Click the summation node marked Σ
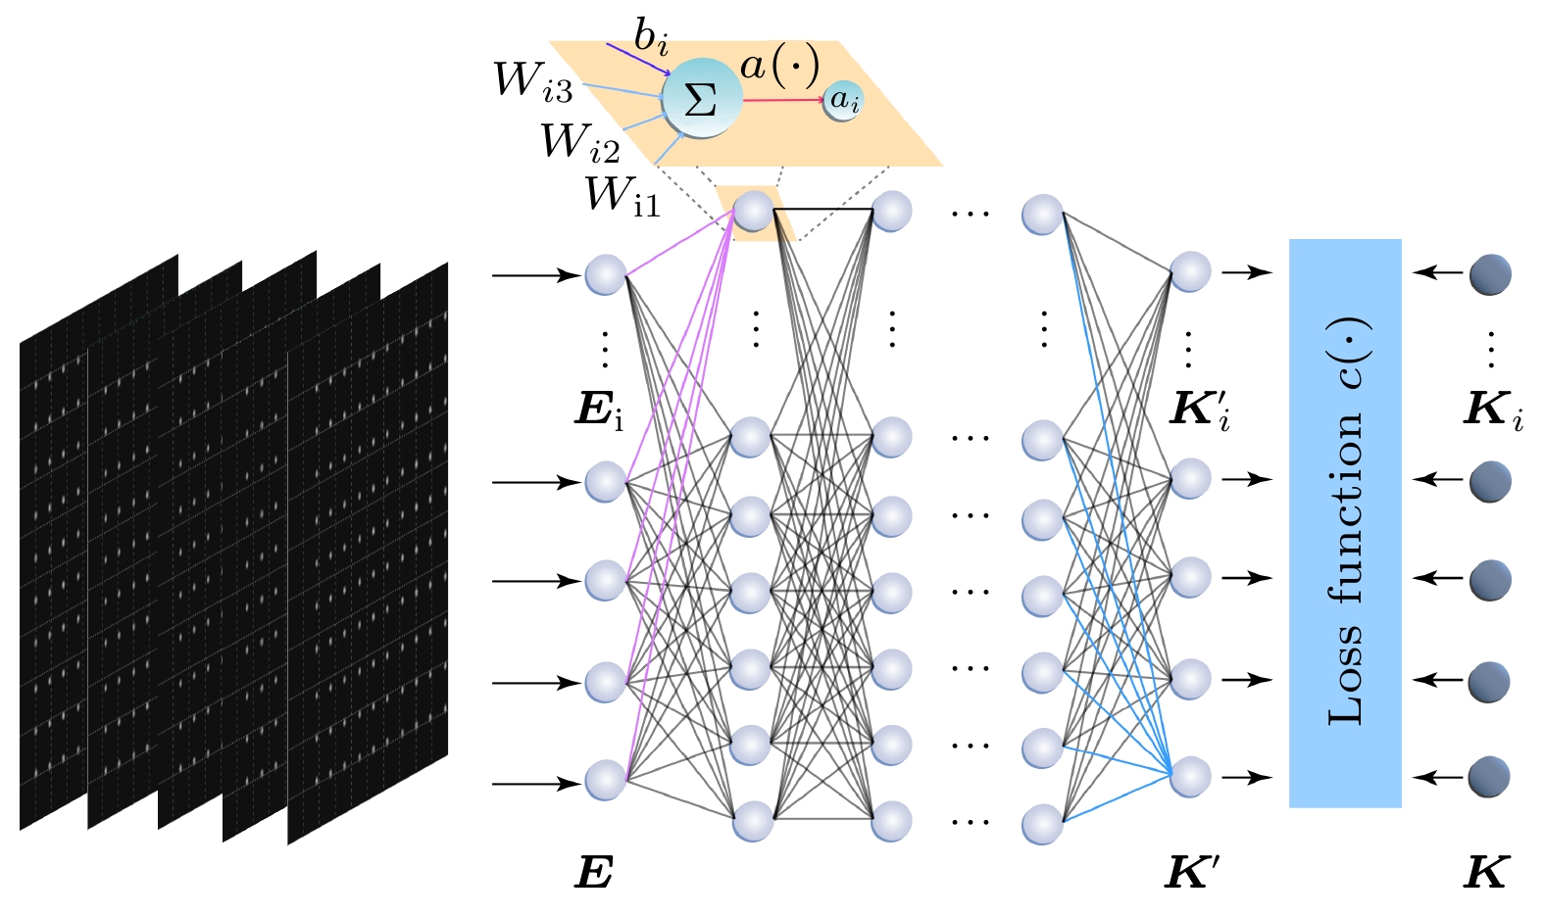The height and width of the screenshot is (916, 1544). (x=701, y=100)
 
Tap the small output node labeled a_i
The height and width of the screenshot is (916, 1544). (x=844, y=100)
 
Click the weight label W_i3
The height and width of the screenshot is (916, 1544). (x=532, y=80)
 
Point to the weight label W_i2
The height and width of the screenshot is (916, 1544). (x=579, y=143)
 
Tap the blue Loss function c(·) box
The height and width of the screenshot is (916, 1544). (x=1344, y=523)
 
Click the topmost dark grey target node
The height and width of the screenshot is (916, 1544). (x=1490, y=274)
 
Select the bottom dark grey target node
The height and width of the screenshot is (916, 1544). (x=1489, y=777)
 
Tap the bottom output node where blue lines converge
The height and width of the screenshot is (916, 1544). (x=1190, y=777)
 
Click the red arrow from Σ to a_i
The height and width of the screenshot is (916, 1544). (x=782, y=100)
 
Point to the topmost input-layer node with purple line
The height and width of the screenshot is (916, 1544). (x=605, y=275)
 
